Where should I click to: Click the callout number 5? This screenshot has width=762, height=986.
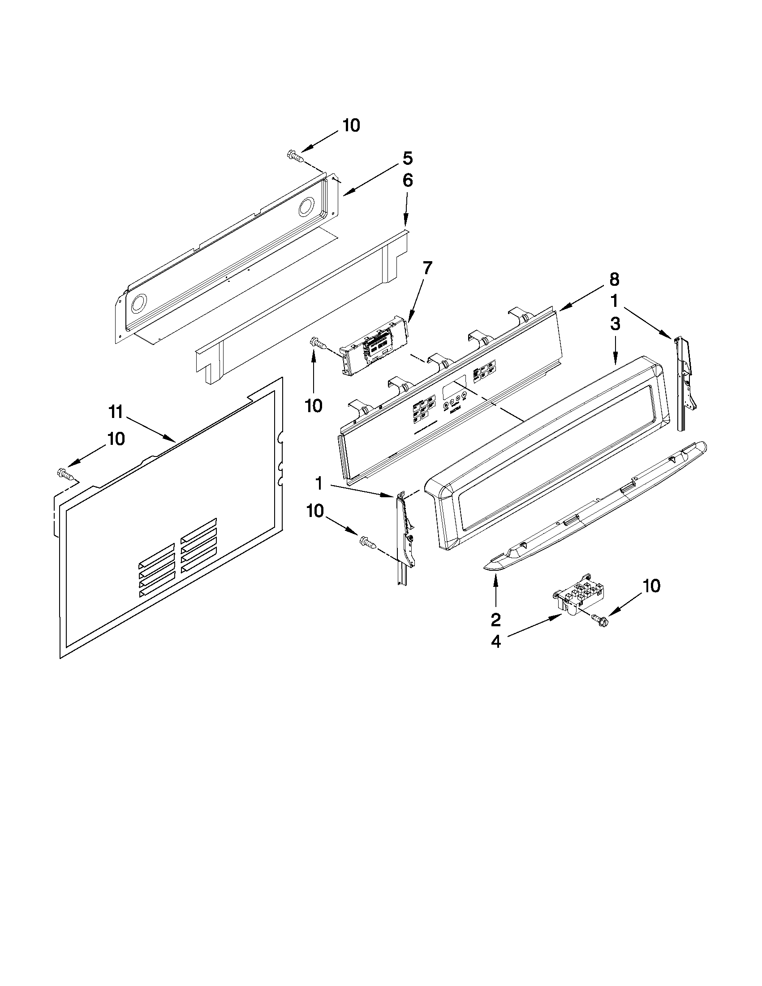pos(407,159)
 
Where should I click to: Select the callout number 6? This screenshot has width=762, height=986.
pos(407,181)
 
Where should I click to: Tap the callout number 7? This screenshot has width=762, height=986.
pos(426,268)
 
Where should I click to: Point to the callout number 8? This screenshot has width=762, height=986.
pos(614,280)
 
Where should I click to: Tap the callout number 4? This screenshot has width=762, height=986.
pos(495,642)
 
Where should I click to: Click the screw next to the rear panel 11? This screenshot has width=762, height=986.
pos(65,474)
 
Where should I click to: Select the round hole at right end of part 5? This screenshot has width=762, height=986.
pos(306,207)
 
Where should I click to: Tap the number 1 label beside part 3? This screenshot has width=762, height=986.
pos(614,301)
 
